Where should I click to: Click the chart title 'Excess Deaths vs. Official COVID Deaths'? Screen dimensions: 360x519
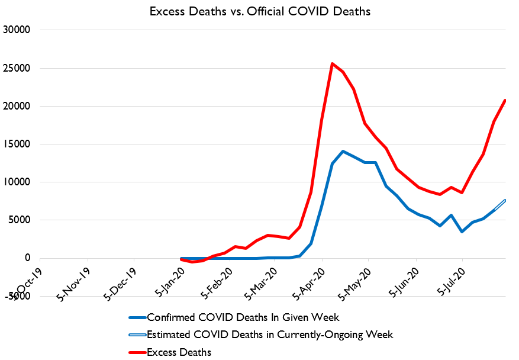click(259, 11)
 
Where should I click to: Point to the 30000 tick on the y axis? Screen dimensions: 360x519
click(18, 30)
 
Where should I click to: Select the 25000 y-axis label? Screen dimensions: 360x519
click(18, 68)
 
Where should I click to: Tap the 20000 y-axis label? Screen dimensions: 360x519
click(18, 106)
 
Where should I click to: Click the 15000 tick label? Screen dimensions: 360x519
click(18, 144)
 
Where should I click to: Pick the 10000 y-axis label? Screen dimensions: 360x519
click(18, 182)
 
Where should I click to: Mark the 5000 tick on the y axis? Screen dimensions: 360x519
click(21, 220)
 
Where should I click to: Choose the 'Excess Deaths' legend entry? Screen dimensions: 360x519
click(179, 352)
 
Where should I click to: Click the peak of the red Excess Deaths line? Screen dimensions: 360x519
click(333, 63)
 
